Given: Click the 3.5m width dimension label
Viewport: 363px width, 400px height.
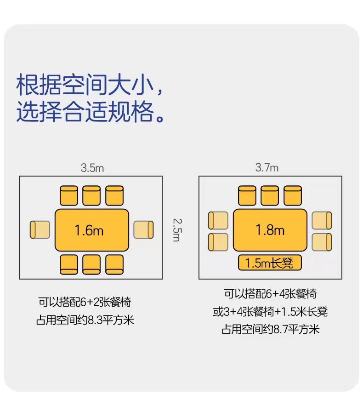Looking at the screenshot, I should click(92, 168).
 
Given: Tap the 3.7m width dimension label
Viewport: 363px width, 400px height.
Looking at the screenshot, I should click(267, 168).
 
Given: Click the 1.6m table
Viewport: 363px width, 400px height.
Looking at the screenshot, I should click(92, 230).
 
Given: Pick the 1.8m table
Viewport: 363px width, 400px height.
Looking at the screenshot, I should click(270, 230).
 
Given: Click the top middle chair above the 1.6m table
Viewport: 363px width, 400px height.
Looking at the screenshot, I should click(91, 196).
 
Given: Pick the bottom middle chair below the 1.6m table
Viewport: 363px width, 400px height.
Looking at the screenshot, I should click(91, 263).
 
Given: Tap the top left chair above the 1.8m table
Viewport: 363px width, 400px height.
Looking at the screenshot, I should click(247, 196).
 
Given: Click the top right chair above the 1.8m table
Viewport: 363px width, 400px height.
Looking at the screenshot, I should click(292, 196).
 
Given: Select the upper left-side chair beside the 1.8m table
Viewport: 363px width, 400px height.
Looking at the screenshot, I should click(218, 221).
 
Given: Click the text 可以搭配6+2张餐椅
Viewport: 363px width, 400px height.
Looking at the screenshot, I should click(85, 302).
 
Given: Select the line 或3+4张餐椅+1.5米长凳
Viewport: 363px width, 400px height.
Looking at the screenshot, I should click(270, 312).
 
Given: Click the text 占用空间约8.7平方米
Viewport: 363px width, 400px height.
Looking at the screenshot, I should click(270, 330).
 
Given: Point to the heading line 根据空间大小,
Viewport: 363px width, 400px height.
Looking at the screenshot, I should click(90, 86).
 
